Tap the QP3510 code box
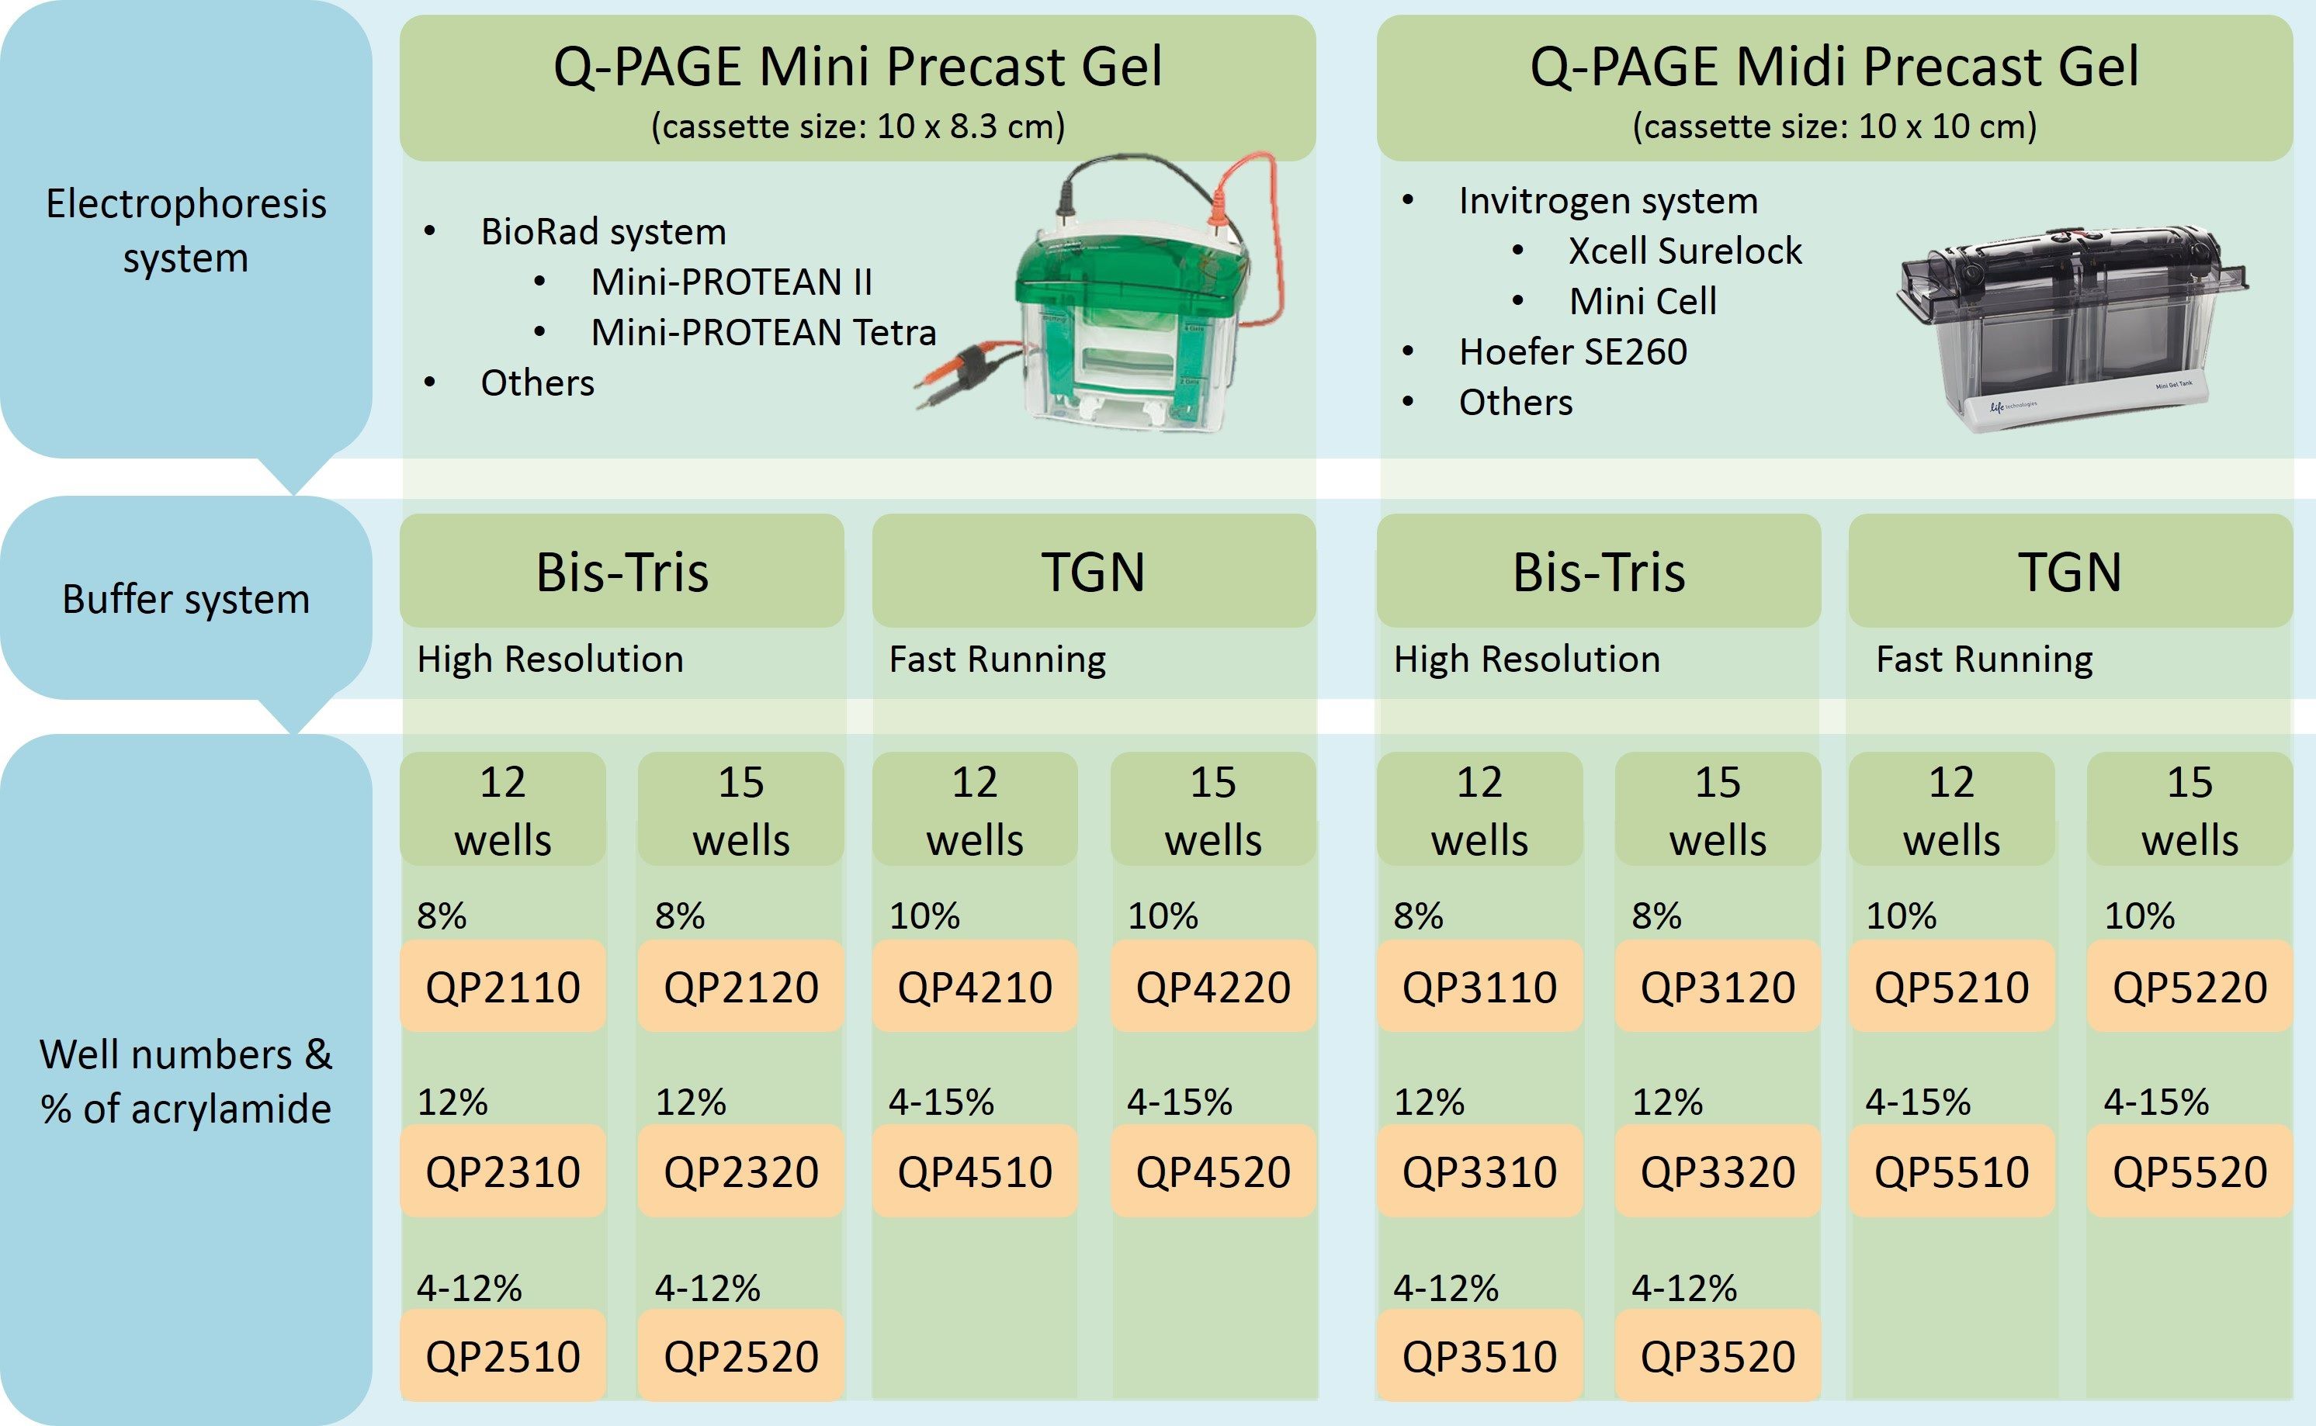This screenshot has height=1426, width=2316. pos(1479,1355)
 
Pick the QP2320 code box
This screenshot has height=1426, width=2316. pos(740,1171)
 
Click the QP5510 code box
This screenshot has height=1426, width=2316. pos(1951,1171)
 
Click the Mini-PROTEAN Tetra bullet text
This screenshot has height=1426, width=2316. pos(763,332)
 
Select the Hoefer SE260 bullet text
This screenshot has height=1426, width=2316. pos(1572,351)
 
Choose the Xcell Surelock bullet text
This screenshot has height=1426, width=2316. pos(1685,251)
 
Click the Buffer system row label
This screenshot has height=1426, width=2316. pos(185,599)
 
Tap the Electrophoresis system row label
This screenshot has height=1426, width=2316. pos(185,230)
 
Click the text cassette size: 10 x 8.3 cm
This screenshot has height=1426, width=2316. pos(858,126)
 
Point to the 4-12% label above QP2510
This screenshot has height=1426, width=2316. pos(469,1287)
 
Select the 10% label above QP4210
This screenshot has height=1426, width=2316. pos(924,915)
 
